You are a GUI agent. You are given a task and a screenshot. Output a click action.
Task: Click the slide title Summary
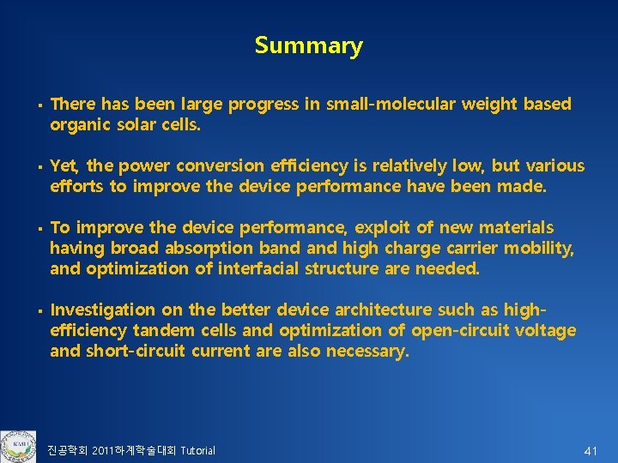308,45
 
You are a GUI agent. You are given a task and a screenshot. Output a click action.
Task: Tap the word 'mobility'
541,248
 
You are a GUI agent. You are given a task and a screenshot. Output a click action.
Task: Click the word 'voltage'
544,330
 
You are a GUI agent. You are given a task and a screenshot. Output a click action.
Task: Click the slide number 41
591,450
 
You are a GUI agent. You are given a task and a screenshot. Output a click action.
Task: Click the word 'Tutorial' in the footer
197,451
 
